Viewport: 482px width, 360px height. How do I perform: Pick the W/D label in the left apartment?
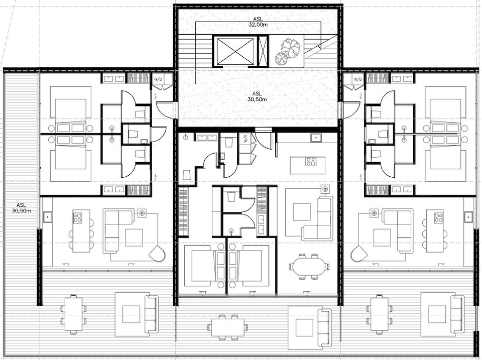click(158, 79)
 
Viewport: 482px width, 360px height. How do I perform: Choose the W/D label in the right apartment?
click(357, 79)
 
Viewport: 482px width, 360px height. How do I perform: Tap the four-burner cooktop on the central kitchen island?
click(311, 162)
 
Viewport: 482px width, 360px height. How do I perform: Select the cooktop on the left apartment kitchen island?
click(78, 218)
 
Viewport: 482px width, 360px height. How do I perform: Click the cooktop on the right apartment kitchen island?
click(438, 218)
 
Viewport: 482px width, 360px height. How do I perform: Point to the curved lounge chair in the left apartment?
click(159, 253)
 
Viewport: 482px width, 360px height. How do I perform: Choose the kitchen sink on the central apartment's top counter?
click(317, 137)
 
